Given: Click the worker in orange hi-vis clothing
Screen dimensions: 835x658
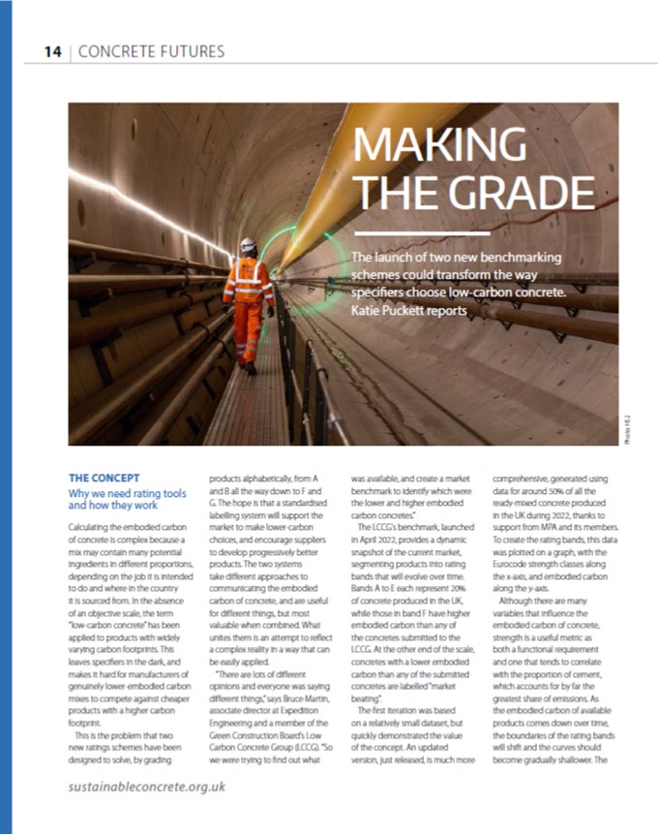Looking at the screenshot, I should [248, 300].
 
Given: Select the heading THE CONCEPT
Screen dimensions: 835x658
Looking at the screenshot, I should [105, 478].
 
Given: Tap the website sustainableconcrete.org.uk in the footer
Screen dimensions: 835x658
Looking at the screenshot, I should [146, 786].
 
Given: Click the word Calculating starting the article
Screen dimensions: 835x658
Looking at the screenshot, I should [93, 524].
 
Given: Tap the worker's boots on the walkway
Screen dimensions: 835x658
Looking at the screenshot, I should [249, 368].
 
